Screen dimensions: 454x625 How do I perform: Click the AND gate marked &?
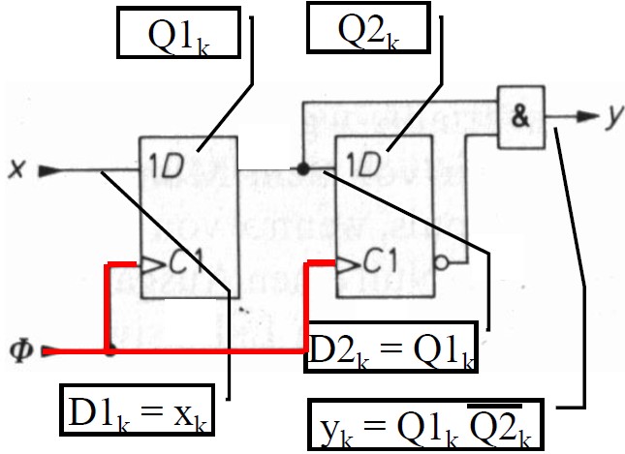point(521,116)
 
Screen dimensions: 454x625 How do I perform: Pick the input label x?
point(16,169)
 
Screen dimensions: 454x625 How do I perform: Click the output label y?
point(612,116)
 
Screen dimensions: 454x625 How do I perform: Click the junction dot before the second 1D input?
point(303,169)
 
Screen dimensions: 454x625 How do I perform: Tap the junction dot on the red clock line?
point(110,349)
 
